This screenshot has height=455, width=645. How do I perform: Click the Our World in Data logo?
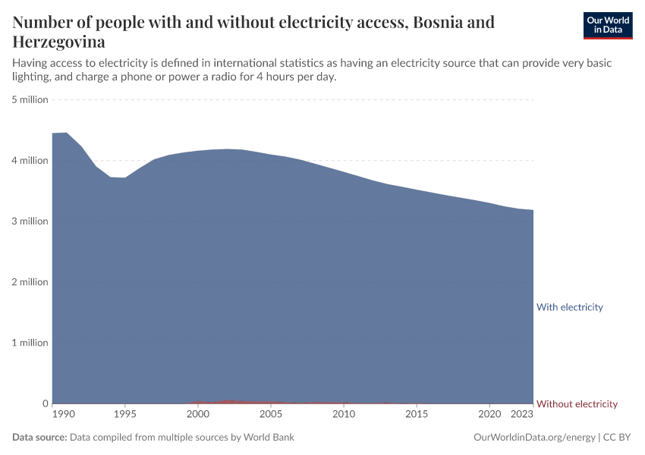click(607, 25)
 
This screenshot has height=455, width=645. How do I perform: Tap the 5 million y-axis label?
click(30, 99)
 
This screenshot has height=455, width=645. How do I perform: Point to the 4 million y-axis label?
click(30, 161)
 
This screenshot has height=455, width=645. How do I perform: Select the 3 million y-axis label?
click(30, 221)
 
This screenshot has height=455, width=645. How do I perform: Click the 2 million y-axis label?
click(30, 282)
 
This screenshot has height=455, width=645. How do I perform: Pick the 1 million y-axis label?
click(30, 343)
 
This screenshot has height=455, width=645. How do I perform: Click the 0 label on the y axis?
click(45, 403)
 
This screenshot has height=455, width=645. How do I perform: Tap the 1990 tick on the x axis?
click(64, 415)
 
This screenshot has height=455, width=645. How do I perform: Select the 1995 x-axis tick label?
click(125, 415)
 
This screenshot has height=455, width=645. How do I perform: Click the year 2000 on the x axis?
click(198, 415)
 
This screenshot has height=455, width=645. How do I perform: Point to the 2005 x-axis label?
click(271, 415)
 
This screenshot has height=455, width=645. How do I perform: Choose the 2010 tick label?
click(344, 415)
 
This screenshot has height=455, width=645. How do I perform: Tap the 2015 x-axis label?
click(417, 415)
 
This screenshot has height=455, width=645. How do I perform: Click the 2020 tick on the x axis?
click(489, 415)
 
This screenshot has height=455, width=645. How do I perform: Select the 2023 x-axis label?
click(522, 415)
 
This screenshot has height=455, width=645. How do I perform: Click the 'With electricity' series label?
click(569, 307)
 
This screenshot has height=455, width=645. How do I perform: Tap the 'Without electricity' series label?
click(577, 404)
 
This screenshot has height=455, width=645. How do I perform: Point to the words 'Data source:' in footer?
click(39, 438)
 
